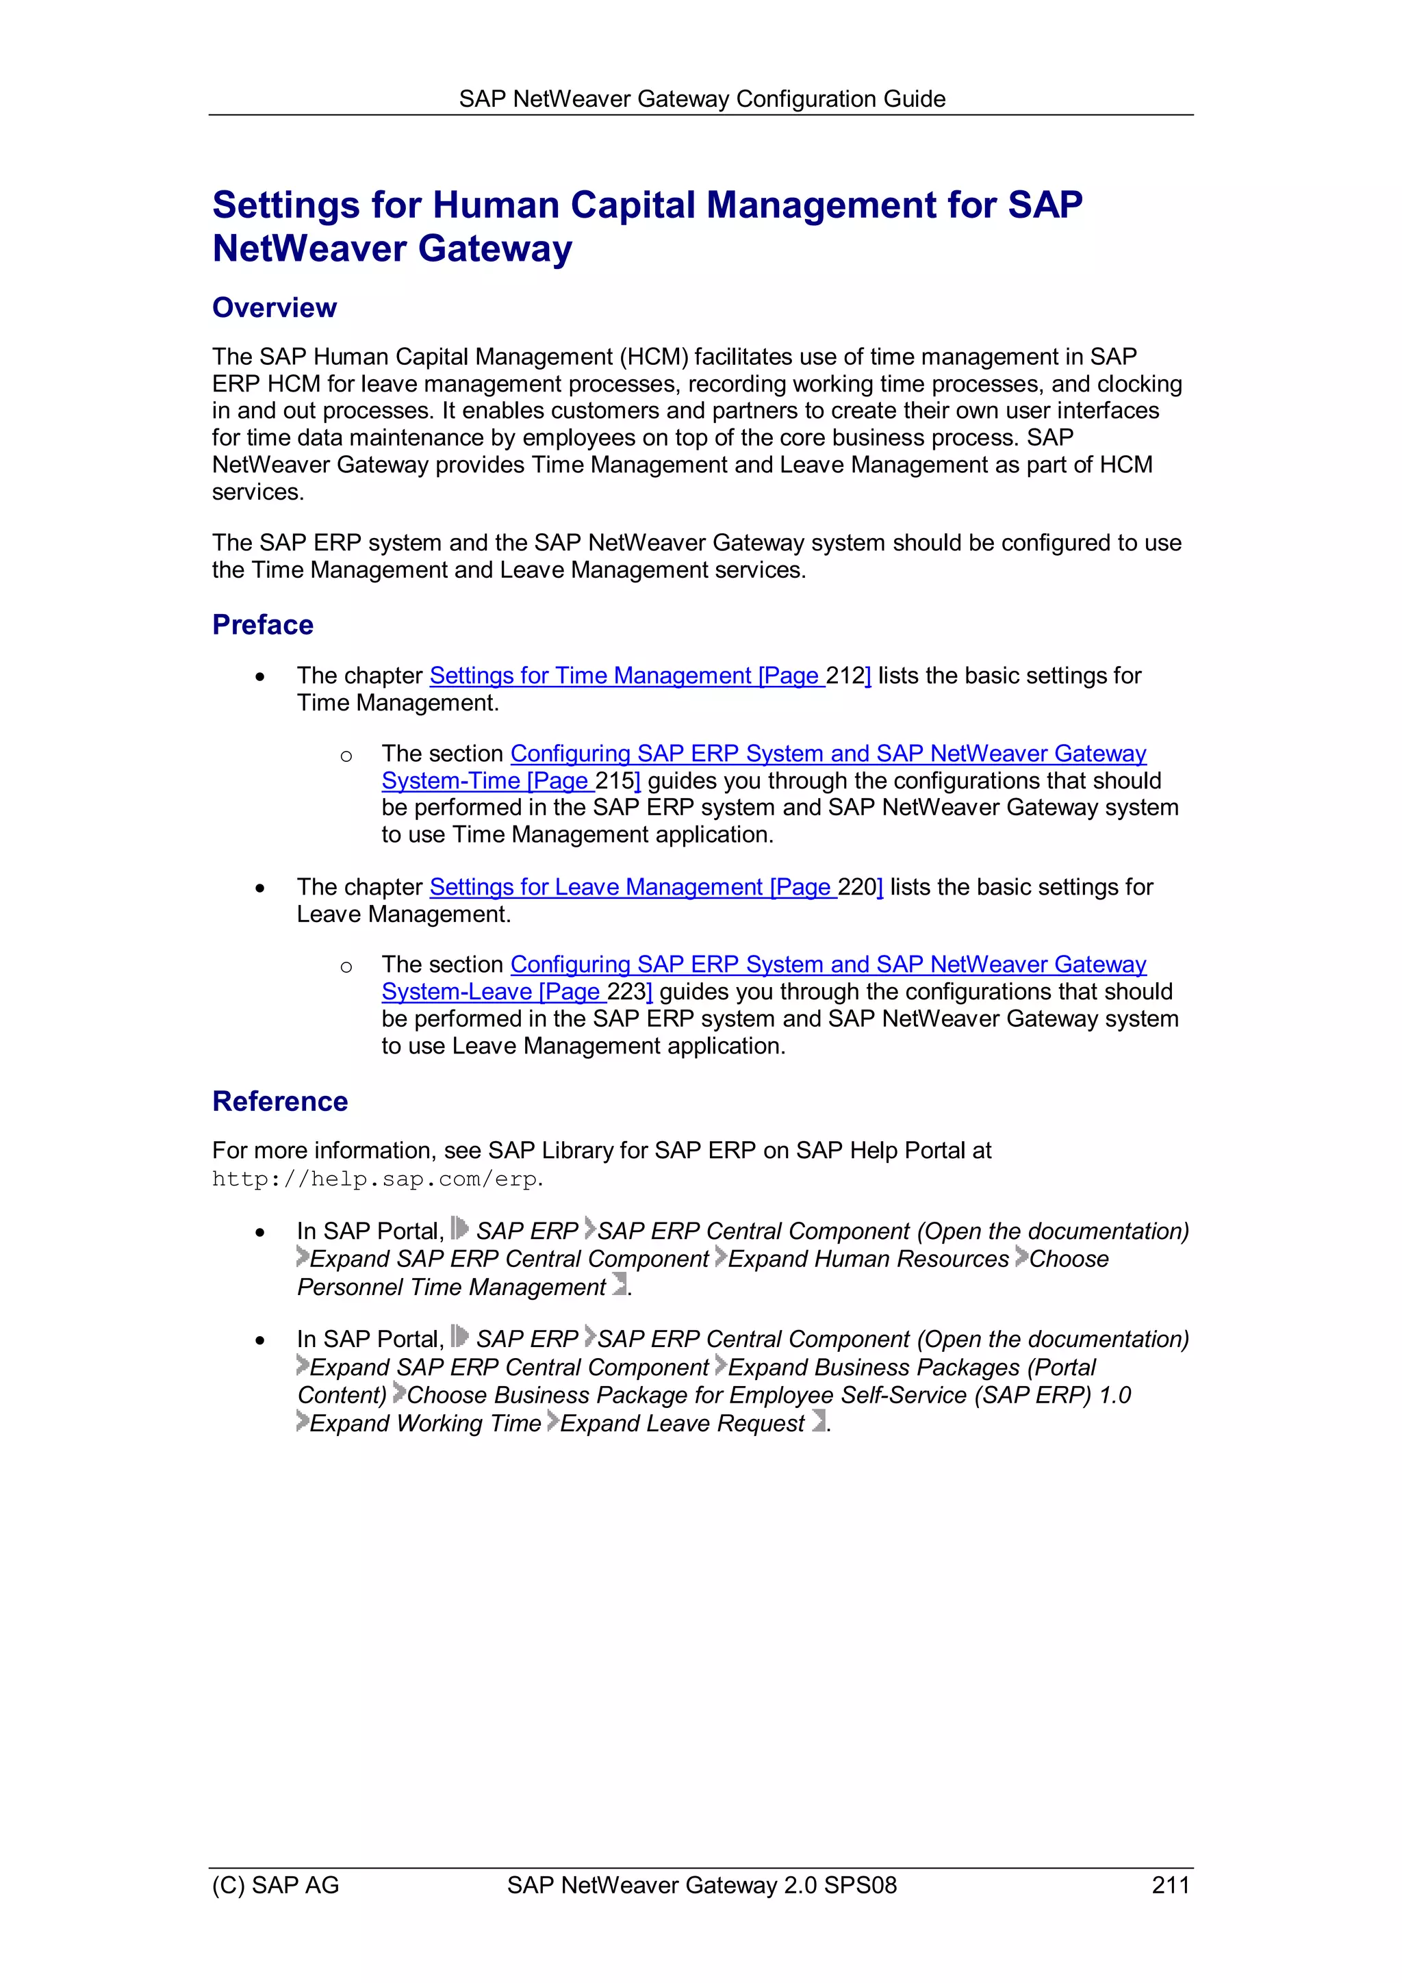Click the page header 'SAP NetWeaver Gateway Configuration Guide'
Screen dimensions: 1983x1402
tap(702, 99)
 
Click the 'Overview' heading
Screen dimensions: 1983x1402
tap(274, 307)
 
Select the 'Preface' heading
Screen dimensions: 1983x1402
tap(263, 624)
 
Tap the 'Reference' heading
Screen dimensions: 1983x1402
tap(280, 1101)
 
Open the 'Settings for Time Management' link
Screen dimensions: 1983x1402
tap(590, 676)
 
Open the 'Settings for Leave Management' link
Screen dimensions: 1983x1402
tap(596, 887)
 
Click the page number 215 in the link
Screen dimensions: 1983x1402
tap(615, 781)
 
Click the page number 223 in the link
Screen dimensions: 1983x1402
tap(627, 991)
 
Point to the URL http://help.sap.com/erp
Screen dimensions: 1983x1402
tap(376, 1179)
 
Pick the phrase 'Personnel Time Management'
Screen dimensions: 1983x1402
tap(451, 1287)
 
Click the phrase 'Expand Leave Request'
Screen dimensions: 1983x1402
tap(683, 1423)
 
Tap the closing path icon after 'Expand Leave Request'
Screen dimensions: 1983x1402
tap(817, 1422)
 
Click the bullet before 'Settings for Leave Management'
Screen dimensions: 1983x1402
tap(260, 888)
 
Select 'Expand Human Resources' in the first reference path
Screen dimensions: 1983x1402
tap(868, 1259)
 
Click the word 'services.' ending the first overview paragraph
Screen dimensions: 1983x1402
tap(257, 492)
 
